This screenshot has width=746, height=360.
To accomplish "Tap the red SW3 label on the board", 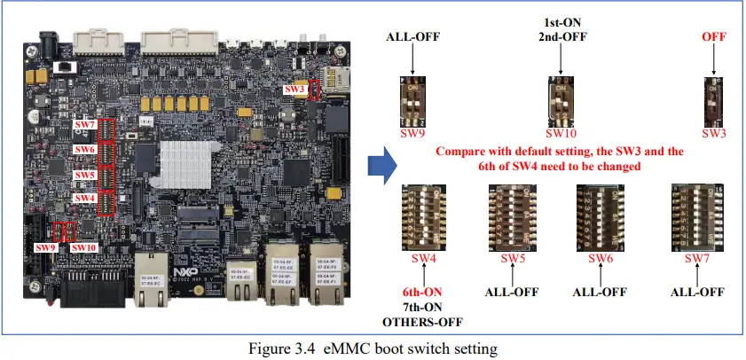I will (295, 90).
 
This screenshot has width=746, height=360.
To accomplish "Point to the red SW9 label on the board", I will (45, 247).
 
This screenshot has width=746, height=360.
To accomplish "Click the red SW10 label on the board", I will (83, 247).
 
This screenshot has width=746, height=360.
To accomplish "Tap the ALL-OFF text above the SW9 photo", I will (413, 37).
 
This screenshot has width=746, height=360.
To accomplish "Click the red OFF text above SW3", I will (713, 37).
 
